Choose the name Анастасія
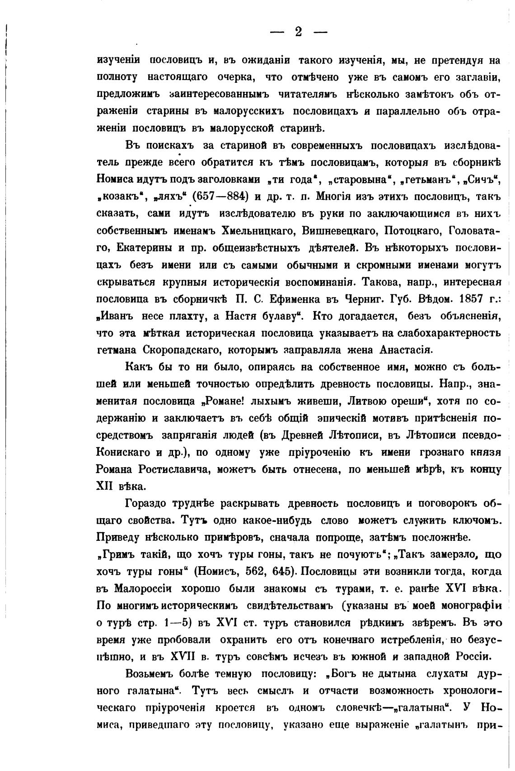pyautogui.click(x=406, y=350)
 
